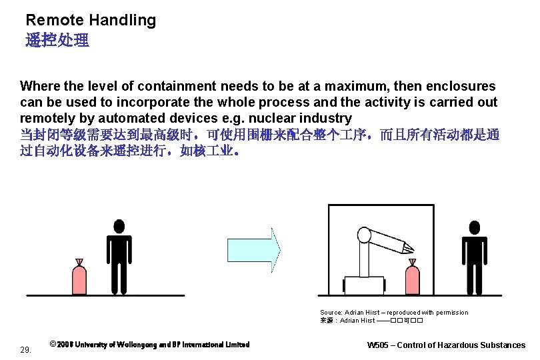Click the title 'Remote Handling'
[x=91, y=20]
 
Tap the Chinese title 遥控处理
[x=57, y=41]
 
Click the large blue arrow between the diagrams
[x=254, y=250]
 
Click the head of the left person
[x=119, y=226]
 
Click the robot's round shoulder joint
[x=364, y=235]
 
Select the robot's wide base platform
[x=364, y=285]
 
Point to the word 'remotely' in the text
[x=46, y=118]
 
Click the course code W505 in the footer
[x=379, y=345]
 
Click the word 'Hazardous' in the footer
[x=465, y=345]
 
